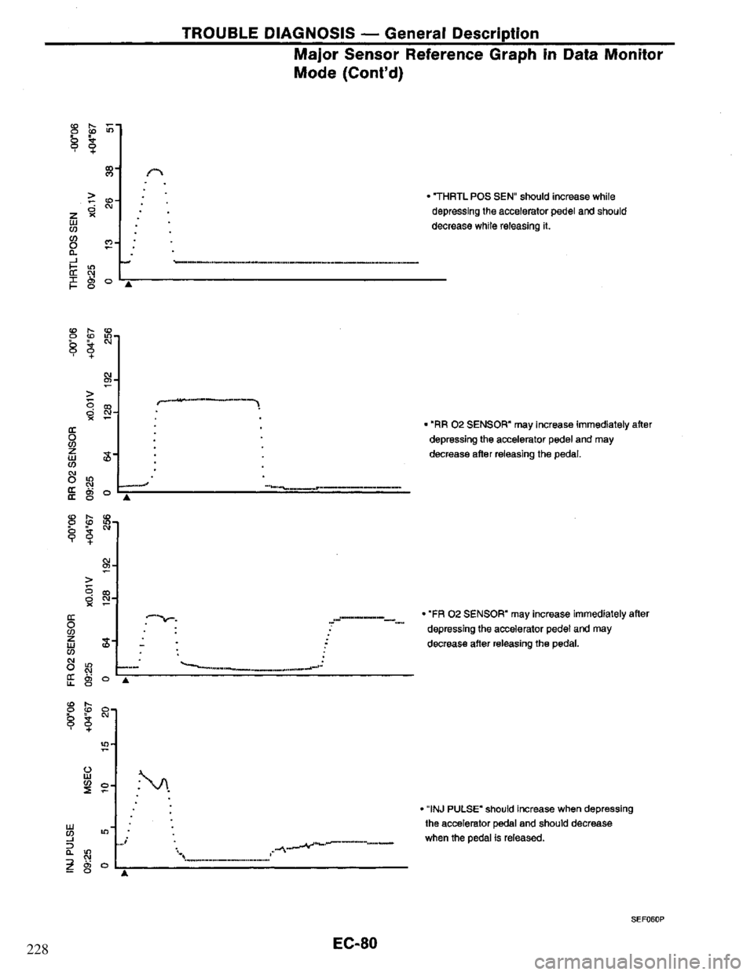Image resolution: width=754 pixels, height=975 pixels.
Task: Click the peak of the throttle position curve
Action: [158, 173]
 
